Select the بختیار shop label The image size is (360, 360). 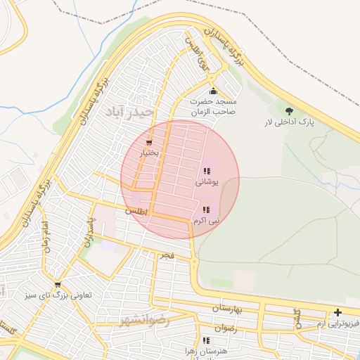tap(148, 153)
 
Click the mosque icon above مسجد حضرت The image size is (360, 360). tap(214, 91)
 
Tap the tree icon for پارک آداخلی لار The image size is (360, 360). tap(289, 110)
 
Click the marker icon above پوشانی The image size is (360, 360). tap(207, 171)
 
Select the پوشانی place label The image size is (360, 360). tap(207, 181)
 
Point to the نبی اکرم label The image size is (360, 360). tap(205, 220)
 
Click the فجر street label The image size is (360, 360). tap(167, 256)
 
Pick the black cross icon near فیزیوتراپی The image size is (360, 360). tap(338, 312)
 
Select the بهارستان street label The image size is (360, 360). tap(226, 309)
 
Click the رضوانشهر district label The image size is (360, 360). tap(146, 320)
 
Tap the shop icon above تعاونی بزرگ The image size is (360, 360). tap(57, 285)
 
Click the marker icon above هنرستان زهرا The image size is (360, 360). tap(205, 340)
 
